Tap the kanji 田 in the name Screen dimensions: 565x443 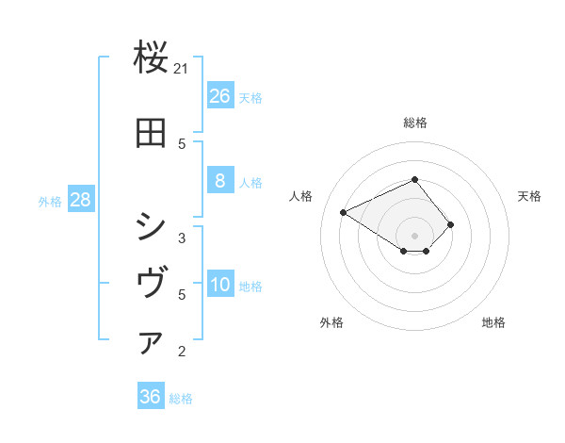[x=152, y=133]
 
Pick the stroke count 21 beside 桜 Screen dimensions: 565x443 [x=182, y=69]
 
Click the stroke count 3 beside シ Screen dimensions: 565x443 [x=182, y=238]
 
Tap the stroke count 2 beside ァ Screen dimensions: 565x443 [x=182, y=352]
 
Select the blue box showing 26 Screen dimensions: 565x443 [x=219, y=96]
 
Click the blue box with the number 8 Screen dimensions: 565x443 [x=219, y=181]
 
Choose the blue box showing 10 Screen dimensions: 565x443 [x=219, y=286]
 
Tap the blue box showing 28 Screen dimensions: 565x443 [x=80, y=200]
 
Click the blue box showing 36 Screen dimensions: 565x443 [x=151, y=397]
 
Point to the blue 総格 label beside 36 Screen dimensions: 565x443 [x=181, y=399]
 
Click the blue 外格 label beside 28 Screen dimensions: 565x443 [x=50, y=202]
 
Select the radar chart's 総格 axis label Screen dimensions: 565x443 [x=414, y=123]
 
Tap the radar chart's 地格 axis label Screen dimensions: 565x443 [x=493, y=322]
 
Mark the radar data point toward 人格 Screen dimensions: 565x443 [x=344, y=213]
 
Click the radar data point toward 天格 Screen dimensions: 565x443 [x=451, y=224]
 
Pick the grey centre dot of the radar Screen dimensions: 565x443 [x=414, y=236]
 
